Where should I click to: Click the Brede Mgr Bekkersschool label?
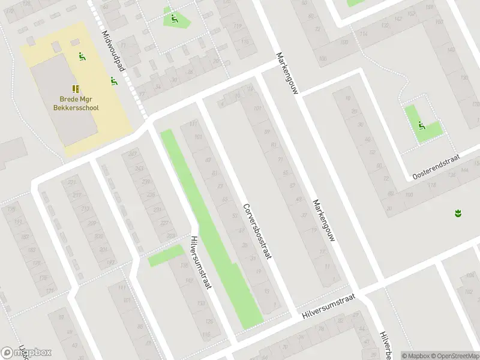click(79, 104)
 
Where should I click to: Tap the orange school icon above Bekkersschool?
click(76, 88)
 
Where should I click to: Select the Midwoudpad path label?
click(112, 52)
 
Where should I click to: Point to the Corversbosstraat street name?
click(257, 230)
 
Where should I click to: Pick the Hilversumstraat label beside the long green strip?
click(200, 261)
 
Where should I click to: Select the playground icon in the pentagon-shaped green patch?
click(173, 18)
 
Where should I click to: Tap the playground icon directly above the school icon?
click(82, 57)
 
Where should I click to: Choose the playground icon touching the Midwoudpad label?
click(113, 80)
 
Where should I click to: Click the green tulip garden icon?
click(457, 213)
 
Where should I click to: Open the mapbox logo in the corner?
click(26, 353)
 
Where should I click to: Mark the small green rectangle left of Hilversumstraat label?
click(166, 256)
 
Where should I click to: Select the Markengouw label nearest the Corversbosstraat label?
click(323, 222)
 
